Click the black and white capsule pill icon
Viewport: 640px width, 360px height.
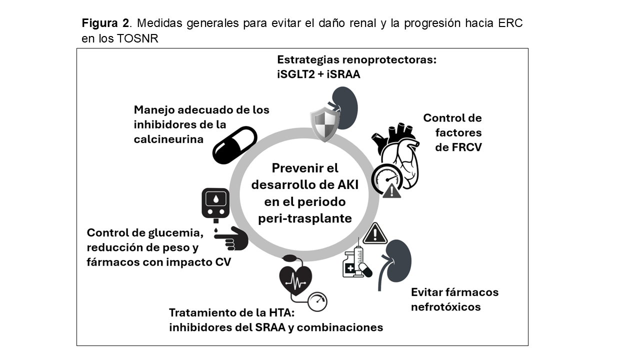pos(234,144)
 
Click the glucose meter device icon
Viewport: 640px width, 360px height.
pos(215,203)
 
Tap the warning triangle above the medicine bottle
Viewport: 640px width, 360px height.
pos(375,233)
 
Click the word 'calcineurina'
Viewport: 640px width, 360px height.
pos(168,139)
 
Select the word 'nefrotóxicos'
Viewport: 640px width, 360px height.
pos(445,306)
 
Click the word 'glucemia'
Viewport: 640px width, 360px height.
pos(177,233)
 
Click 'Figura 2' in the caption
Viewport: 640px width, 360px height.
pos(105,23)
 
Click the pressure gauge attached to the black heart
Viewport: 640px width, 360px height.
pos(317,301)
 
